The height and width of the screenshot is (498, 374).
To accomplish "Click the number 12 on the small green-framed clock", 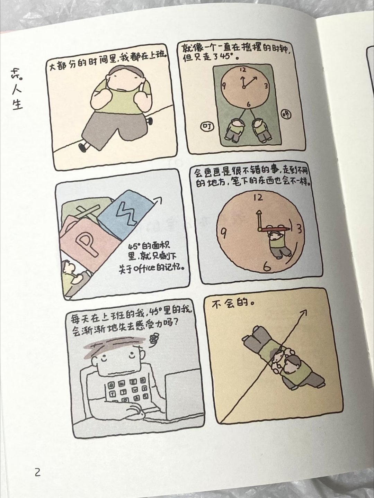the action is [243, 70].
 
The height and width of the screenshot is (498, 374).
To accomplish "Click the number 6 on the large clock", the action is [267, 267].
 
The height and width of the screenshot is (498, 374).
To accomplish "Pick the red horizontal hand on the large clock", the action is [275, 229].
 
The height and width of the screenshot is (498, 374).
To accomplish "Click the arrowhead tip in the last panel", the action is [306, 311].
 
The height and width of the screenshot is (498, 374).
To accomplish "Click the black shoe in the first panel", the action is [82, 147].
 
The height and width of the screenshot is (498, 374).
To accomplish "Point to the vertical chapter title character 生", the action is [17, 105].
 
